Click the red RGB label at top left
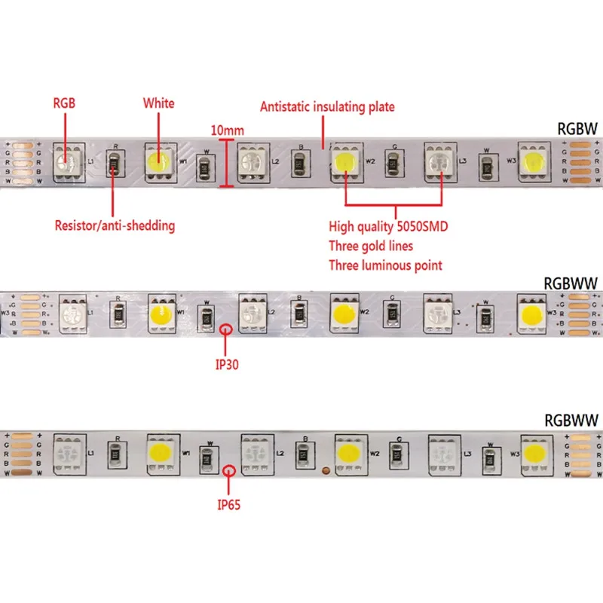point(64,103)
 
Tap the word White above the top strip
point(158,103)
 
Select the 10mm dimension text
point(227,130)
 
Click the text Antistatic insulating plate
point(327,107)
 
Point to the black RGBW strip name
point(577,129)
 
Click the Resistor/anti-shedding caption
point(115,224)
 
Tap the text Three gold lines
point(370,246)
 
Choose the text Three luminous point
point(385,265)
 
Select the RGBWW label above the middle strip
point(571,283)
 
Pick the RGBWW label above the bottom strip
point(571,420)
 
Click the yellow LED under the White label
point(158,161)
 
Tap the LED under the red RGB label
point(65,161)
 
